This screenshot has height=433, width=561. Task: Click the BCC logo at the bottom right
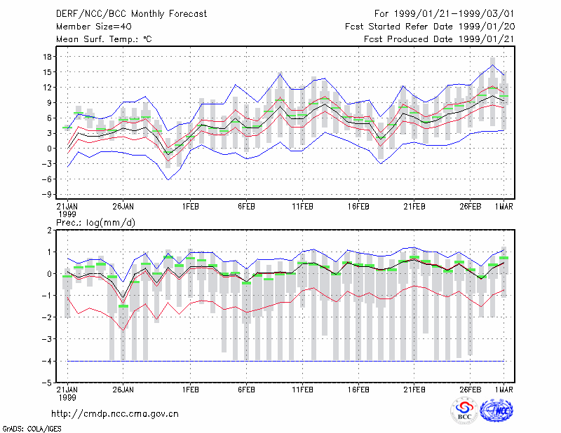coord(464,411)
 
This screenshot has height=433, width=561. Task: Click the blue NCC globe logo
coord(496,411)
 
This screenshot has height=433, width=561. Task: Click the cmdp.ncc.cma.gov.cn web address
coord(115,414)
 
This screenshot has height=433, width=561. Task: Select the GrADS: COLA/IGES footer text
coord(32,429)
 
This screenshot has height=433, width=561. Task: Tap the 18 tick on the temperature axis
coord(47,57)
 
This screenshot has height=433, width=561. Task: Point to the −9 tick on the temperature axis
coord(46,195)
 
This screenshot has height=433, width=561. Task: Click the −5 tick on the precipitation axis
coord(46,383)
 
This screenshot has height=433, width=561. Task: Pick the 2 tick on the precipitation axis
coord(49,231)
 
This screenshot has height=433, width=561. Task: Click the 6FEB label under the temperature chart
coord(246,207)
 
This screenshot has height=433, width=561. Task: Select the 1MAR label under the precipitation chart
coord(503,390)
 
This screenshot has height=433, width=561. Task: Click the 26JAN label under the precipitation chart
coord(123,390)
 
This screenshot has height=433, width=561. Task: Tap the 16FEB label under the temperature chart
coord(358,207)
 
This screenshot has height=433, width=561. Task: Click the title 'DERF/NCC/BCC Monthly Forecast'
coord(131,14)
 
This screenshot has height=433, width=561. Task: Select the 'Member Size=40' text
coord(94,27)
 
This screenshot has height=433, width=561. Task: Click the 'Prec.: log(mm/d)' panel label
coord(95,223)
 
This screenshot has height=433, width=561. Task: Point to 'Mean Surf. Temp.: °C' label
coord(104,39)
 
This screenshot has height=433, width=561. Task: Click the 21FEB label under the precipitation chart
coord(414,390)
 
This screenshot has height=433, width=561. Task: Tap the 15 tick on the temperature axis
coord(47,72)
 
